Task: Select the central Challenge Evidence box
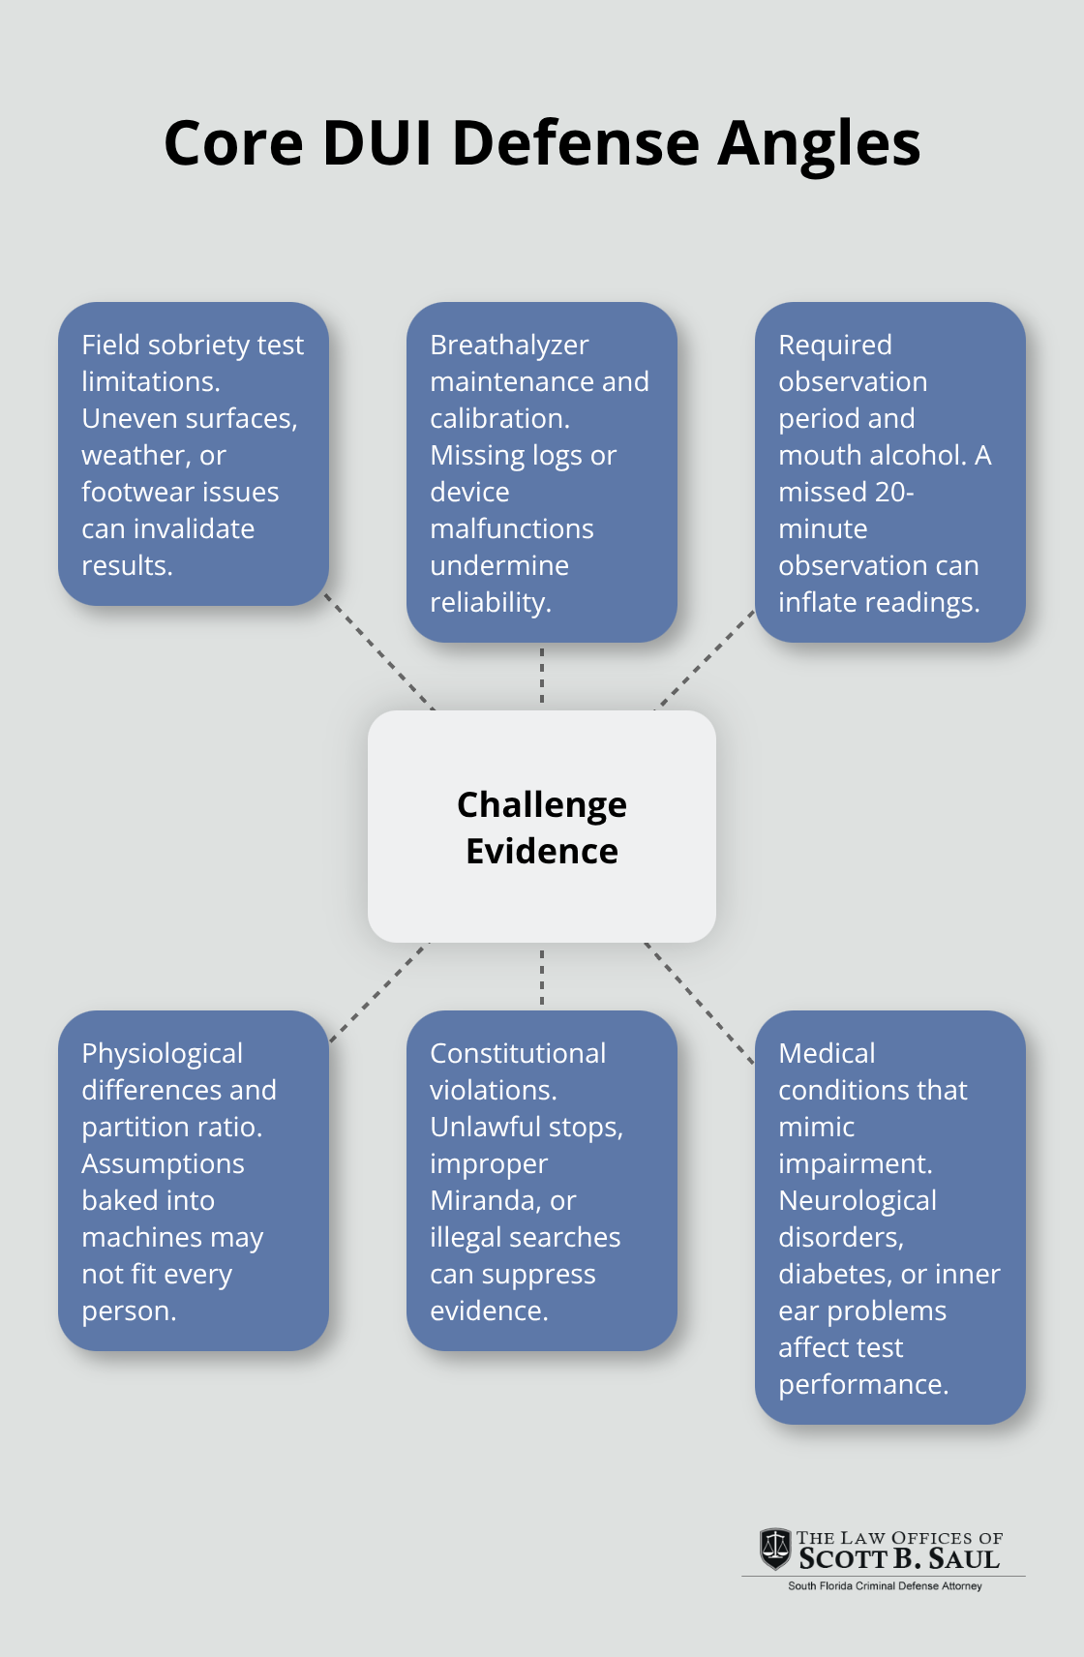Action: point(542,827)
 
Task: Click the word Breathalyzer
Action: point(509,346)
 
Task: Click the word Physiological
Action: point(162,1055)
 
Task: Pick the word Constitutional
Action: point(518,1054)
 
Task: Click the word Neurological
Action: point(858,1201)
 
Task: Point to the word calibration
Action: point(498,419)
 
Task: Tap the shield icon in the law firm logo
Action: point(774,1549)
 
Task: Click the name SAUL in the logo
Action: point(964,1559)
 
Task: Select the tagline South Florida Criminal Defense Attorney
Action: point(885,1586)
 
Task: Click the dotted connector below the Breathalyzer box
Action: point(542,676)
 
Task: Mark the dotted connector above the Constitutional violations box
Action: point(542,977)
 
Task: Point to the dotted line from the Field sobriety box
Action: point(379,652)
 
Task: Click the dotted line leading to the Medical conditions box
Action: point(699,1004)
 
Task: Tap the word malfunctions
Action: point(512,529)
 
